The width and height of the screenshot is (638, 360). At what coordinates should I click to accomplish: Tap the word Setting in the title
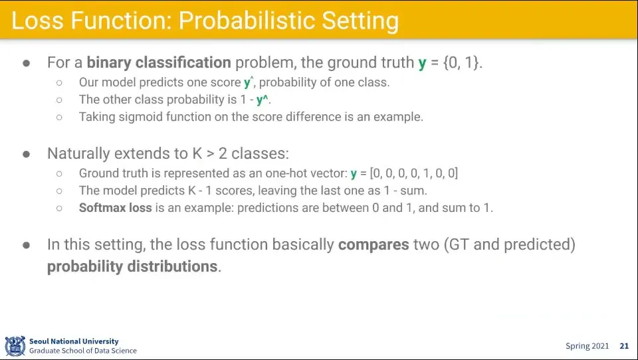point(360,22)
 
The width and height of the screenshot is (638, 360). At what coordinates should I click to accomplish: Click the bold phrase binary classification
point(159,62)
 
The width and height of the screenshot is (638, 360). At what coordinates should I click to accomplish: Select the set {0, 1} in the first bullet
point(463,62)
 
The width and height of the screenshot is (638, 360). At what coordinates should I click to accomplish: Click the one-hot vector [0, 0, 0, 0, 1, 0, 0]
point(414,173)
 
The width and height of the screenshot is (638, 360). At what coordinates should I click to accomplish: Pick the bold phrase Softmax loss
point(115,208)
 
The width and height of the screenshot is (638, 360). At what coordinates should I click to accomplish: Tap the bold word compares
point(373,244)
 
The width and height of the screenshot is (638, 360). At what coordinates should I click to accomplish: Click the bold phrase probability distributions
point(133,266)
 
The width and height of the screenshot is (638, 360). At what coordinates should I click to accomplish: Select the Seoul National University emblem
point(15,346)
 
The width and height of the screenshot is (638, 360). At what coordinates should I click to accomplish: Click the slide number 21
point(624,346)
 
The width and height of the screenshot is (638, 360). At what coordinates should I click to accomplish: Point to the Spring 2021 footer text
point(587,346)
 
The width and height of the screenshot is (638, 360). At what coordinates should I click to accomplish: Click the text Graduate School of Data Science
point(83,351)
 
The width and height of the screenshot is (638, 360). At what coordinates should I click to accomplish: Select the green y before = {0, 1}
point(422,64)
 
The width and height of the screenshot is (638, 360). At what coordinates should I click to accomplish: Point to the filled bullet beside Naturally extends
point(27,154)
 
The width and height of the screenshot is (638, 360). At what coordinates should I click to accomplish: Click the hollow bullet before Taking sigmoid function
point(59,117)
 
